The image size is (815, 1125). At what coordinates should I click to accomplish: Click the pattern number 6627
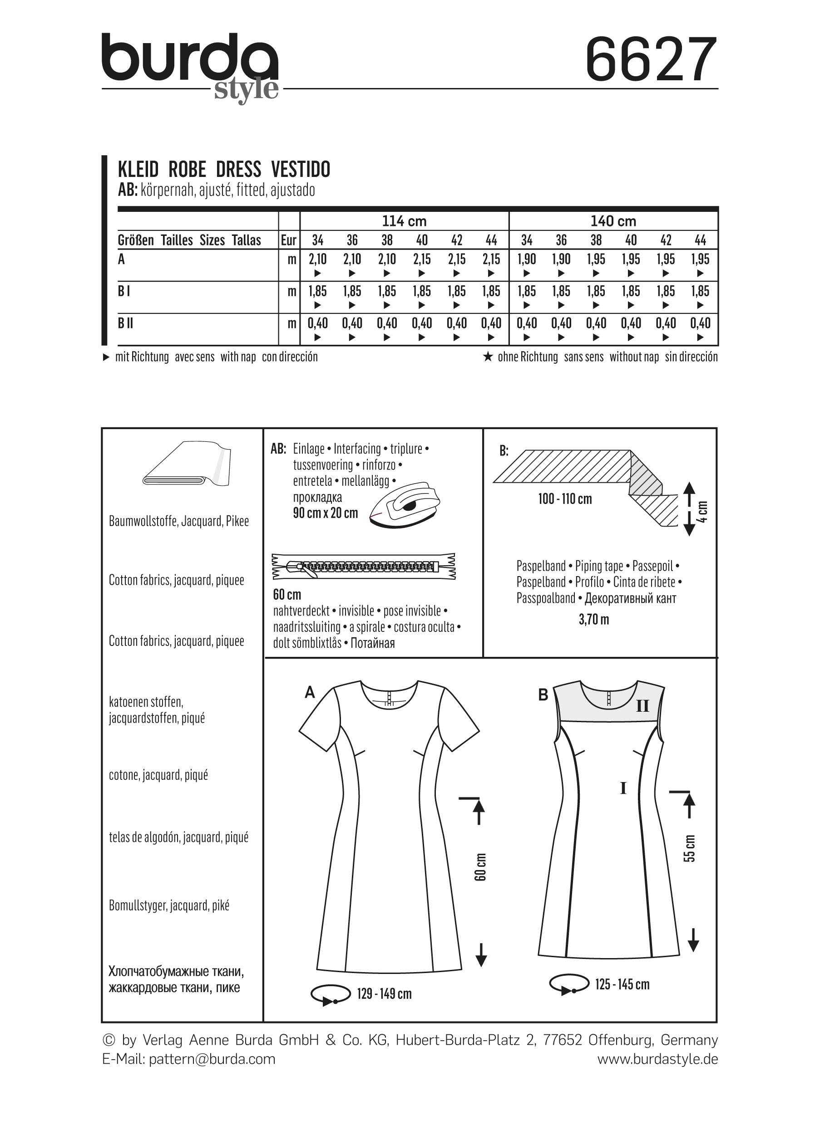pos(651,60)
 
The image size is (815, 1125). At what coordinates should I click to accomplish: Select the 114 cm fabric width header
pos(404,221)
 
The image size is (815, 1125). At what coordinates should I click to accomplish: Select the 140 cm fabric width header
pos(613,221)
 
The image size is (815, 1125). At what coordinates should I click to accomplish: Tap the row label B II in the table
pos(126,323)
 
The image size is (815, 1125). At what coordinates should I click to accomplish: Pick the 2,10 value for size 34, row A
pos(318,259)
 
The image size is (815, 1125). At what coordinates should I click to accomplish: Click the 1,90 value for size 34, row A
pos(527,259)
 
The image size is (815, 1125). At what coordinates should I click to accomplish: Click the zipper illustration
pos(364,567)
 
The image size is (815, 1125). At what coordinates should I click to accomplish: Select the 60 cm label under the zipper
pos(287,594)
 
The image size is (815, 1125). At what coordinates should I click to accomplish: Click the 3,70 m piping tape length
pos(593,620)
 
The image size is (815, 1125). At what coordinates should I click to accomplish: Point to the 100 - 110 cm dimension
pos(565,499)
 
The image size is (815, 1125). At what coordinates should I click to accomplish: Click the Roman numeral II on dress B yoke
pos(642,706)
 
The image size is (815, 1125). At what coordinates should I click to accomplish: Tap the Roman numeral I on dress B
pos(623,788)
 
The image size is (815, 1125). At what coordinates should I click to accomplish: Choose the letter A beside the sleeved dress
pos(310,692)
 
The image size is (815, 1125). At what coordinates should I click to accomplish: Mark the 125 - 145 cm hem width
pos(622,984)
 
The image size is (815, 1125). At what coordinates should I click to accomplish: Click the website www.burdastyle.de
pos(657,1059)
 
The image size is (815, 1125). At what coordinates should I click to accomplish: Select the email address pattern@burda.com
pos(212,1059)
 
